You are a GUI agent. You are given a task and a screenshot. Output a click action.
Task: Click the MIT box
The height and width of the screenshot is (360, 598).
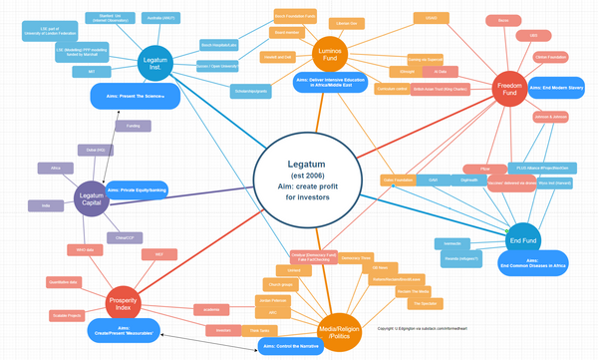(x=91, y=73)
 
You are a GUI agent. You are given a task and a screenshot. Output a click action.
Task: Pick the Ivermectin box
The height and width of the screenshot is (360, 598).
(x=451, y=243)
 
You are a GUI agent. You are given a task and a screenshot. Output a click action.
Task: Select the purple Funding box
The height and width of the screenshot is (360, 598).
(x=132, y=127)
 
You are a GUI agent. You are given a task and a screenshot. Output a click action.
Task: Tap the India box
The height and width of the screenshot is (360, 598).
(x=45, y=205)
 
